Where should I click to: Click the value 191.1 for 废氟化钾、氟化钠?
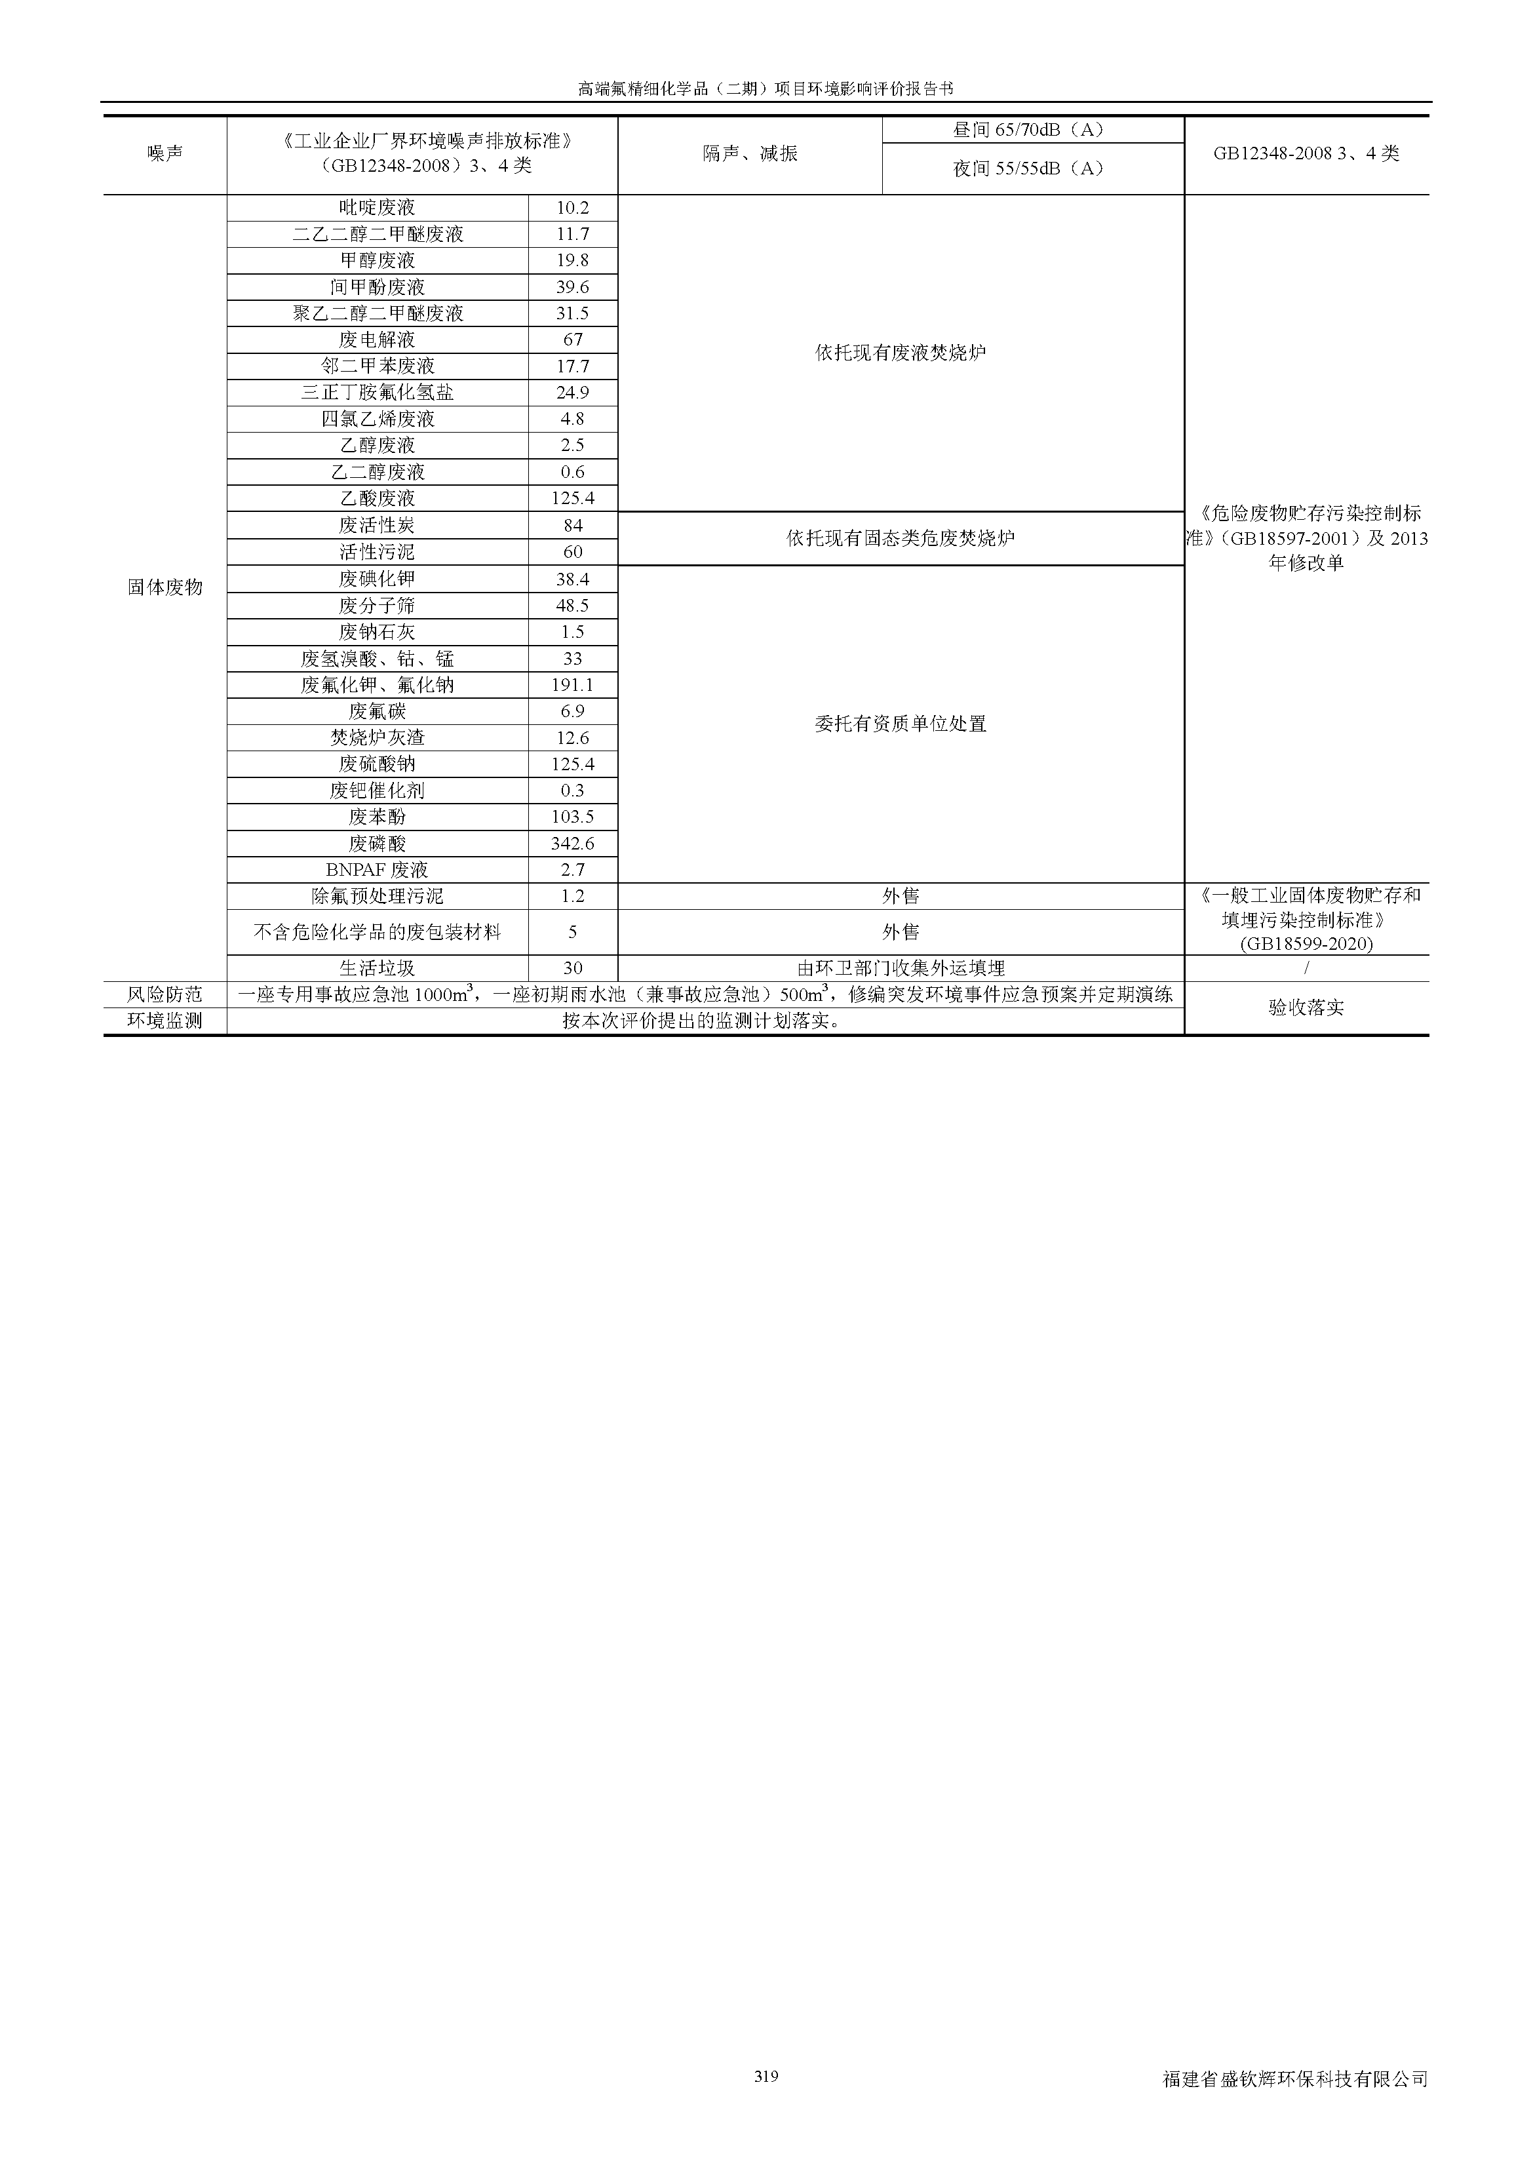click(572, 685)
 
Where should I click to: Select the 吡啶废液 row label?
click(377, 208)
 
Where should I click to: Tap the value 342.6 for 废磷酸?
click(572, 844)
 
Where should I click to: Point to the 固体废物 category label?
click(165, 587)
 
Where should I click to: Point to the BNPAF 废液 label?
click(377, 870)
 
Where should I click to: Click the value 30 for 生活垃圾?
click(572, 968)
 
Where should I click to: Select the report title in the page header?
click(766, 88)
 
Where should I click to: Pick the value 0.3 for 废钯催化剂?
click(572, 791)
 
